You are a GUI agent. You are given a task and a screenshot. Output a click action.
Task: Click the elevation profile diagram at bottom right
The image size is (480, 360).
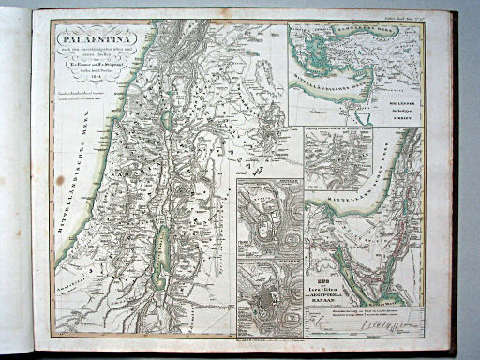[x=384, y=323]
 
